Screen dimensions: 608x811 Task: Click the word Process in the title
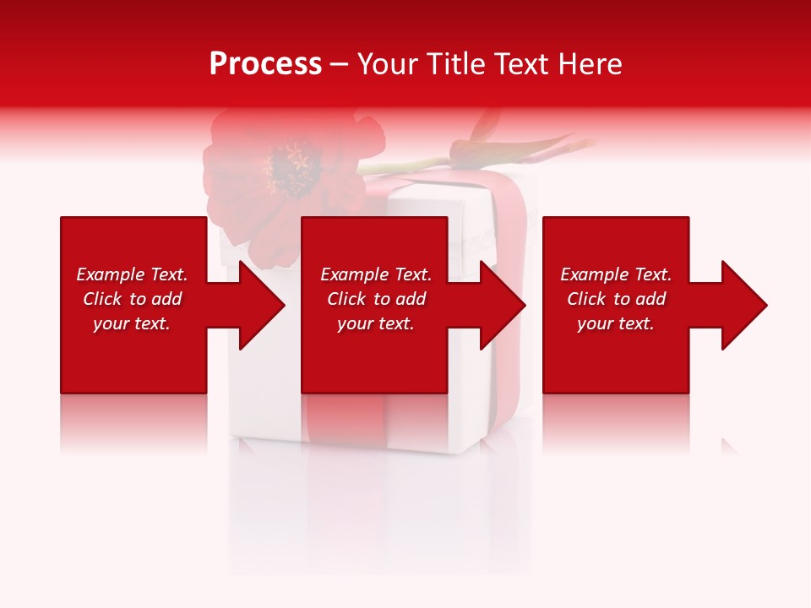[265, 64]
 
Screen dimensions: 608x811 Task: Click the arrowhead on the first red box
[258, 305]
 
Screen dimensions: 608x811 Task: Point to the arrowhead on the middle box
[499, 305]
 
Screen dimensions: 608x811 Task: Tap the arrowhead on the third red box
[740, 305]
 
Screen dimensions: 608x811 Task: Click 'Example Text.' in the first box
[132, 274]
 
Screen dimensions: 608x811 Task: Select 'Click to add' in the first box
[132, 299]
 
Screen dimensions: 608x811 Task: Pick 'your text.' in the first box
[132, 323]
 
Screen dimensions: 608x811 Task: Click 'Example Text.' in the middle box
[376, 274]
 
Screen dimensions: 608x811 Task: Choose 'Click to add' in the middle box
[376, 299]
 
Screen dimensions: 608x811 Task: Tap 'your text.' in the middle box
[376, 323]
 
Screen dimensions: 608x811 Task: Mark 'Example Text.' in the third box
[616, 274]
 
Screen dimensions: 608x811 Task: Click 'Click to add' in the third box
[616, 299]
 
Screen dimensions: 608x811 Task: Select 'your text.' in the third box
[616, 323]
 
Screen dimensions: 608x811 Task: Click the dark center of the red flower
[290, 166]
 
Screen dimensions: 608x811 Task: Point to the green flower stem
[405, 163]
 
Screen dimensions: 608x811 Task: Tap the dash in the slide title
[339, 65]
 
